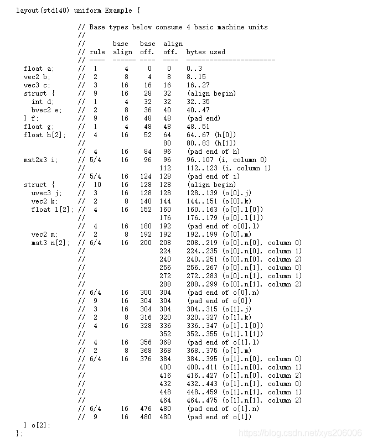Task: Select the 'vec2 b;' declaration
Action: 37,77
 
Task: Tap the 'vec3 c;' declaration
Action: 37,85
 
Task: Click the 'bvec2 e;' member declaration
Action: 46,110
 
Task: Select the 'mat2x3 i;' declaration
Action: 40,160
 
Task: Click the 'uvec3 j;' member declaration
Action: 46,193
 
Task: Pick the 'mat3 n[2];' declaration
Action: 50,243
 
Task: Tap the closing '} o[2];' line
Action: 37,425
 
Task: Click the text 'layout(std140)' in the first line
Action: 42,11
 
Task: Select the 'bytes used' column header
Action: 206,52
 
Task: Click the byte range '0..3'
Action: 195,69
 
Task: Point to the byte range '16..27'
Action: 198,85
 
